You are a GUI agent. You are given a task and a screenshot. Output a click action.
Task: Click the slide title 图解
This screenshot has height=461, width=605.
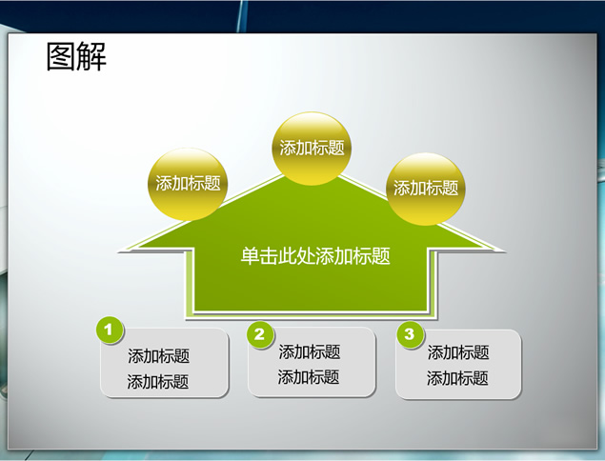(x=76, y=57)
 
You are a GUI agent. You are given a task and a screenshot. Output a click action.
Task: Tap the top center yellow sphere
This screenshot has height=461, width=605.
(x=312, y=149)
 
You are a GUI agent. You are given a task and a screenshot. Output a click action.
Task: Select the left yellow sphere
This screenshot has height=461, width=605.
(x=188, y=185)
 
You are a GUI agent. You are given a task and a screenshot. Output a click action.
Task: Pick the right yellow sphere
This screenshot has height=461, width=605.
(x=426, y=189)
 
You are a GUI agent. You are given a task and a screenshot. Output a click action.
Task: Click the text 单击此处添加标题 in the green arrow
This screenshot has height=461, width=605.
(x=315, y=256)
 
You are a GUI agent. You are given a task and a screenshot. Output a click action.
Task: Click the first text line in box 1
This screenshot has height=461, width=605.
(x=158, y=355)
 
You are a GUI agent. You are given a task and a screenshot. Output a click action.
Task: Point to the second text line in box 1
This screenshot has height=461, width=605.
(x=158, y=382)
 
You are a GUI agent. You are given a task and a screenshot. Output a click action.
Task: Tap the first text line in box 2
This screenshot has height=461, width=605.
(x=310, y=351)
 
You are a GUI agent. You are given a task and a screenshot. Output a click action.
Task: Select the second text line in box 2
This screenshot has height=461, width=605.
(x=309, y=377)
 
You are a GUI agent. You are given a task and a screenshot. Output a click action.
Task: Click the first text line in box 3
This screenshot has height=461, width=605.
(x=458, y=352)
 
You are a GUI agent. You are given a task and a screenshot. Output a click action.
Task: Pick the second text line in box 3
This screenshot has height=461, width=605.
(x=457, y=378)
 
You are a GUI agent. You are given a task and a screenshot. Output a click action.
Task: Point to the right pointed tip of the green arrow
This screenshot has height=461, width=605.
(x=504, y=251)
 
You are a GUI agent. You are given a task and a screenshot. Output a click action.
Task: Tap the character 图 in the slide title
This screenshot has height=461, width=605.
(x=61, y=57)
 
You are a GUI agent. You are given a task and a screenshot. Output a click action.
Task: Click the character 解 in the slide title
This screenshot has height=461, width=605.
(x=91, y=57)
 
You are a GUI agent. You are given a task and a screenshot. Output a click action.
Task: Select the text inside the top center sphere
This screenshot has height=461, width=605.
(x=312, y=148)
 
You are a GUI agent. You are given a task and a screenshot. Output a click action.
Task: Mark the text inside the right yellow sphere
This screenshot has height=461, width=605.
(x=426, y=189)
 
